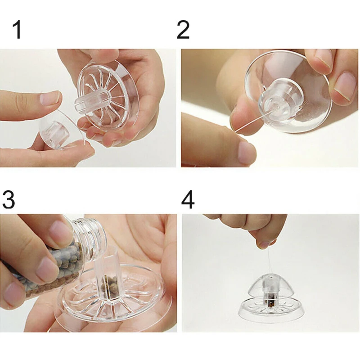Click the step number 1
pos(17,30)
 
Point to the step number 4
pos(188,199)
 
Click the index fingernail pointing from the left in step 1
pos(49,98)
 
